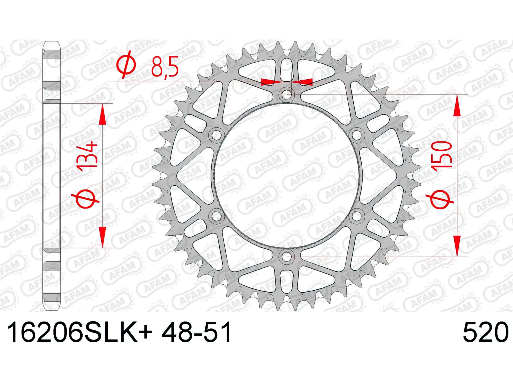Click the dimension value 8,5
(x=164, y=68)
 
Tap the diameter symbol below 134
(x=86, y=199)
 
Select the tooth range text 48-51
(x=196, y=332)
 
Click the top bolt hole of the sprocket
(x=287, y=94)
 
